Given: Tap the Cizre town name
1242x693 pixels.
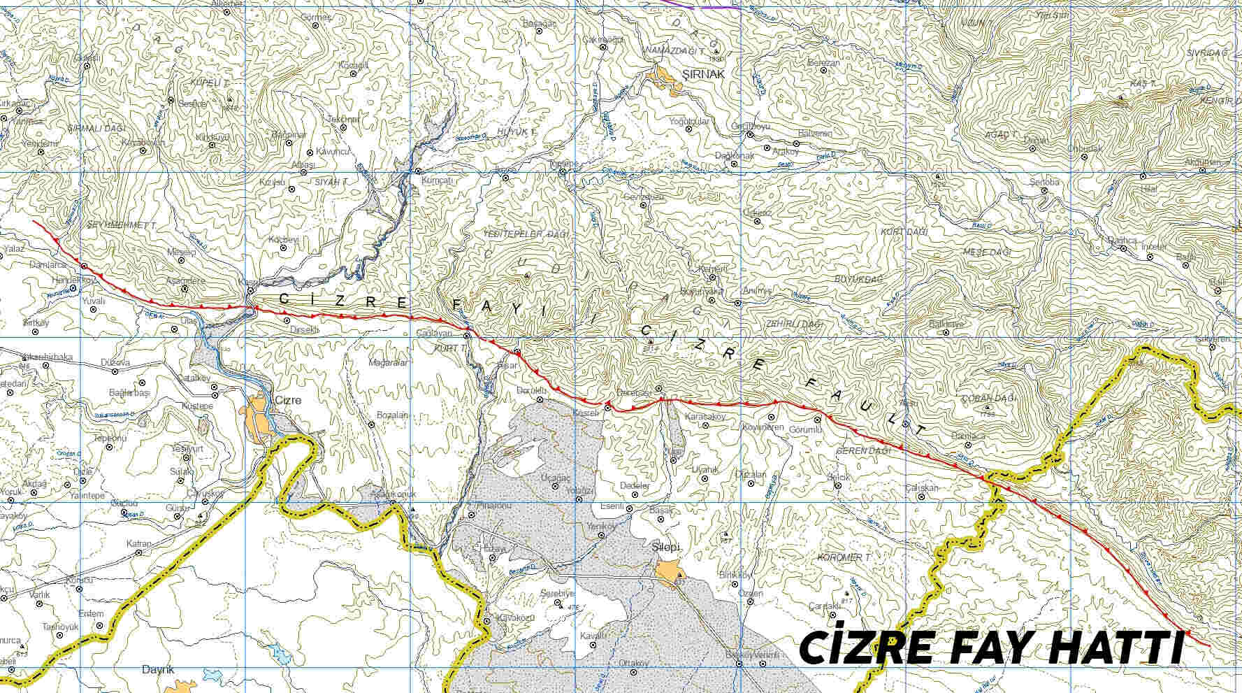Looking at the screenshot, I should click(x=288, y=401).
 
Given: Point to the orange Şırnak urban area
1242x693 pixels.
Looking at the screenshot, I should click(x=664, y=78).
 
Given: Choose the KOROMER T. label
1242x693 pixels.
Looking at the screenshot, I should click(x=844, y=557).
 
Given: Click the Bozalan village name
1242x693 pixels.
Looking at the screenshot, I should click(x=391, y=415).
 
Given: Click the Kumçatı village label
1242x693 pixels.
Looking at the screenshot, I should click(x=438, y=180).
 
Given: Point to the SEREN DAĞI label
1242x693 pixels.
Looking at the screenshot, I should click(x=864, y=451).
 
